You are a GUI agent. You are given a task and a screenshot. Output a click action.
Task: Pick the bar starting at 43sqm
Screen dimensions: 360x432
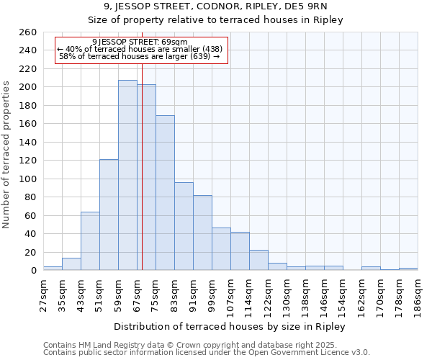coord(90,240)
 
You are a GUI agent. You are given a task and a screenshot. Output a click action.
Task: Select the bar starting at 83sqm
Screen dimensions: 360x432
coord(184,226)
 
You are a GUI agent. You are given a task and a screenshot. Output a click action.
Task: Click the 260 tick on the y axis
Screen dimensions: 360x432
coord(28,32)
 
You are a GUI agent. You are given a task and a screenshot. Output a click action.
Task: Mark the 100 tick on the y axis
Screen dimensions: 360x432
coord(28,179)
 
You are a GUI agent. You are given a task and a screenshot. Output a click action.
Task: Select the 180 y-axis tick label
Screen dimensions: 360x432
coord(28,106)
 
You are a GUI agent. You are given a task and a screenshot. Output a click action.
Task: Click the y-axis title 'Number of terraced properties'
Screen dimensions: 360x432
coord(6,155)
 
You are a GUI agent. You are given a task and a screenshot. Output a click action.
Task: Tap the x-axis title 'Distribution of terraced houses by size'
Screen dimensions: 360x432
coord(230,327)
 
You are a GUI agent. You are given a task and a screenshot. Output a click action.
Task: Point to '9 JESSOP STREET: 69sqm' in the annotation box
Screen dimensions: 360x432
coord(140,42)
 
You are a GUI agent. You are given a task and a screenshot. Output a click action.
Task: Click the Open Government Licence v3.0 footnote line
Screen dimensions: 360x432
coord(207,352)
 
